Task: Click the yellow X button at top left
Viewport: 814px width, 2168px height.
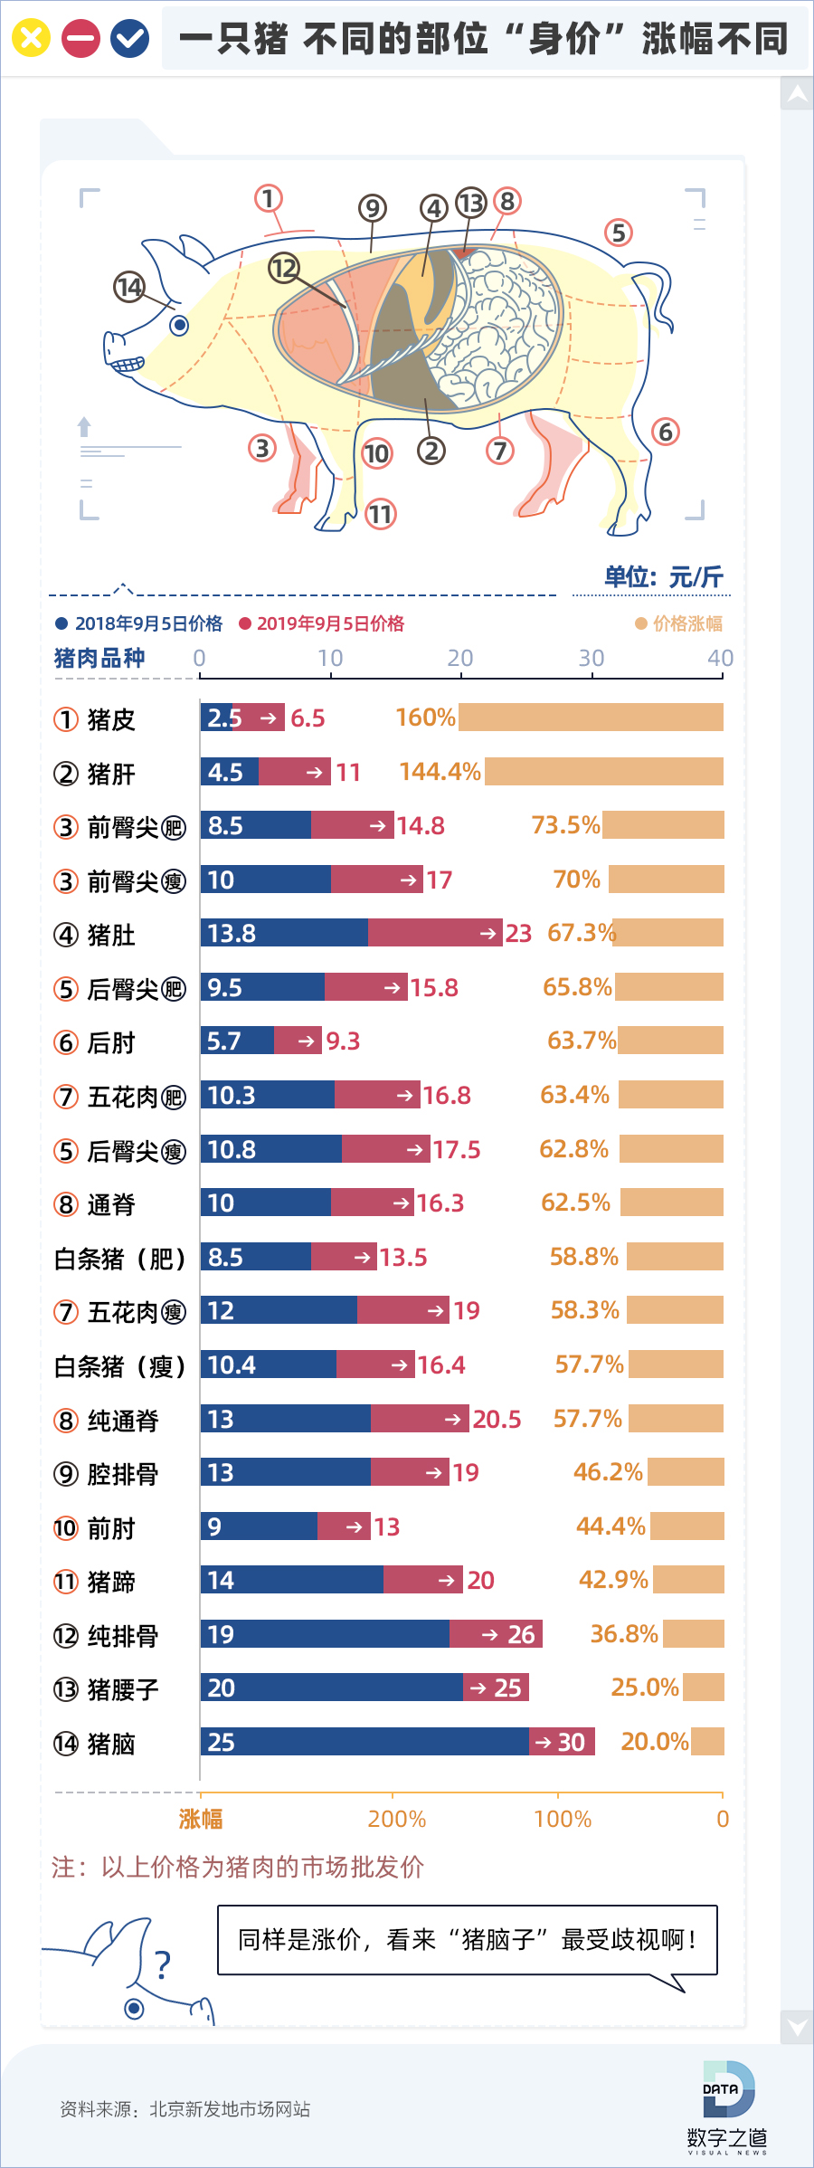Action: (31, 38)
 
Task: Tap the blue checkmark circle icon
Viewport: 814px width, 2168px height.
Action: (129, 38)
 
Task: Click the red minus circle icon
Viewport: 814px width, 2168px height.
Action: (80, 38)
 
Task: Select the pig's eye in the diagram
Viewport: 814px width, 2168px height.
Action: (179, 324)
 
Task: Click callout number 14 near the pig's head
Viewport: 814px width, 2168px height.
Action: (129, 287)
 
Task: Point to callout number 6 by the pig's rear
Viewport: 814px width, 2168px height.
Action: (666, 432)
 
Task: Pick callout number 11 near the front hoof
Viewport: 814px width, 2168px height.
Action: (381, 515)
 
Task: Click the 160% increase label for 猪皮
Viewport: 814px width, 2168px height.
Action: (425, 718)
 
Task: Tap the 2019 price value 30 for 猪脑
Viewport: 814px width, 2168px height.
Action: (571, 1742)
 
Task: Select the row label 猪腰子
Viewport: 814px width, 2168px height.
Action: (123, 1689)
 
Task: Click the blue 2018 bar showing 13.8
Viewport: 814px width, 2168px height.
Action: (284, 933)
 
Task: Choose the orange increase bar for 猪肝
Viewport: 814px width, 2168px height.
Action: (603, 772)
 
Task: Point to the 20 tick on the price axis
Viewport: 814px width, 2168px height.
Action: (460, 659)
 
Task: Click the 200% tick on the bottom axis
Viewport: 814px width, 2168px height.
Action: (396, 1819)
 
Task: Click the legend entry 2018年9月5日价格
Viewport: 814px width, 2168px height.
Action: (139, 623)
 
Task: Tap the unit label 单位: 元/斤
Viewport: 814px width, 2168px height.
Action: (663, 577)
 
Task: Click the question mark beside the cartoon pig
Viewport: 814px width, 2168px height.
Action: (163, 1965)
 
